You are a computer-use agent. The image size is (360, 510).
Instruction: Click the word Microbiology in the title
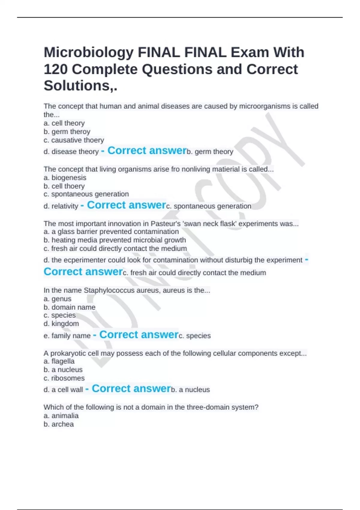[x=88, y=53]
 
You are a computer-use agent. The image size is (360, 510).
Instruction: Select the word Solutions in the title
[x=77, y=86]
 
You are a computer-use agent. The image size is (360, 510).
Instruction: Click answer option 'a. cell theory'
[x=64, y=123]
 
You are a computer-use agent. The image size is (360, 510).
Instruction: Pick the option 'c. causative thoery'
[x=74, y=140]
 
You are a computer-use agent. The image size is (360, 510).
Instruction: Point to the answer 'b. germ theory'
[x=210, y=152]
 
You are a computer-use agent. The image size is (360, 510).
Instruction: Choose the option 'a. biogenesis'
[x=65, y=178]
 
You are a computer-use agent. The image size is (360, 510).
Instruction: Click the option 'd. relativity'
[x=61, y=206]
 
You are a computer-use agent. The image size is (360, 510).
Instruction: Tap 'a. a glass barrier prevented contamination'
[x=111, y=232]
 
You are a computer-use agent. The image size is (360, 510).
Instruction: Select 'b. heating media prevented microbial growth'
[x=115, y=240]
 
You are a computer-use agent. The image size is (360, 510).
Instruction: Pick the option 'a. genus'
[x=57, y=299]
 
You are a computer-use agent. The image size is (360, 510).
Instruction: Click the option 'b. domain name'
[x=69, y=307]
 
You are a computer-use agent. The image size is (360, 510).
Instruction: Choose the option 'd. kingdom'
[x=61, y=324]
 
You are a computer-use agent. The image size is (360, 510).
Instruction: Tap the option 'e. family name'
[x=67, y=336]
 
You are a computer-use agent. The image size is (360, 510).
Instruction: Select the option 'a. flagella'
[x=59, y=361]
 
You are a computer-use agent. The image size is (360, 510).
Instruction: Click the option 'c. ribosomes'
[x=64, y=378]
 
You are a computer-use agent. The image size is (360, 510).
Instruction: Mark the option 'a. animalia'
[x=61, y=416]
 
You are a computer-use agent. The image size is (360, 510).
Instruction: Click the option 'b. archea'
[x=58, y=424]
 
